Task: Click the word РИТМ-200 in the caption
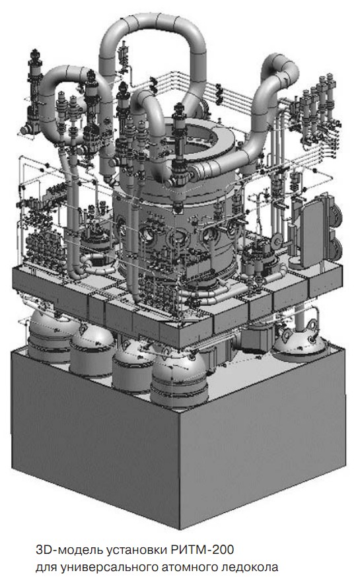pos(202,549)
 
